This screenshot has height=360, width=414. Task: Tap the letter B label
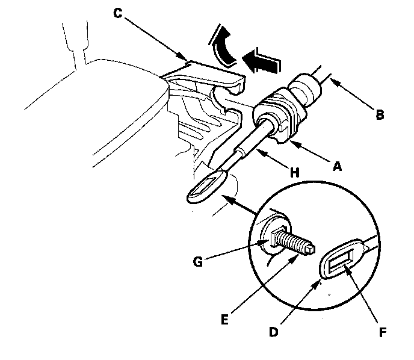coord(379,114)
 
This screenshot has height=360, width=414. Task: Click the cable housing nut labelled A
coord(278,118)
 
